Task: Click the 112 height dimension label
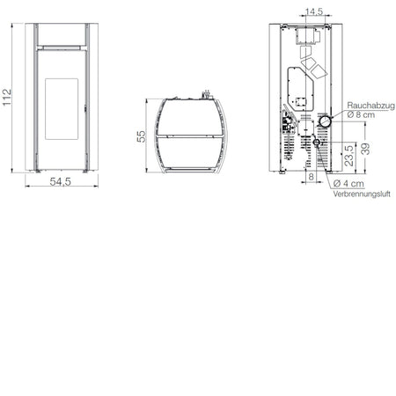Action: pyautogui.click(x=7, y=98)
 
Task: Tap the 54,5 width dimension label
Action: pyautogui.click(x=61, y=181)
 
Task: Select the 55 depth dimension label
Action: pyautogui.click(x=141, y=136)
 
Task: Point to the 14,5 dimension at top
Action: pyautogui.click(x=314, y=11)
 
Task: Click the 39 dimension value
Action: pyautogui.click(x=365, y=149)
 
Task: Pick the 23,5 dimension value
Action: pyautogui.click(x=349, y=156)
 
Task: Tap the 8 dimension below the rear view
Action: pyautogui.click(x=312, y=177)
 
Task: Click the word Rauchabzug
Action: pyautogui.click(x=370, y=106)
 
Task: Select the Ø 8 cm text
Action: pyautogui.click(x=361, y=114)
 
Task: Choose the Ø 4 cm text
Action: pyautogui.click(x=348, y=184)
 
